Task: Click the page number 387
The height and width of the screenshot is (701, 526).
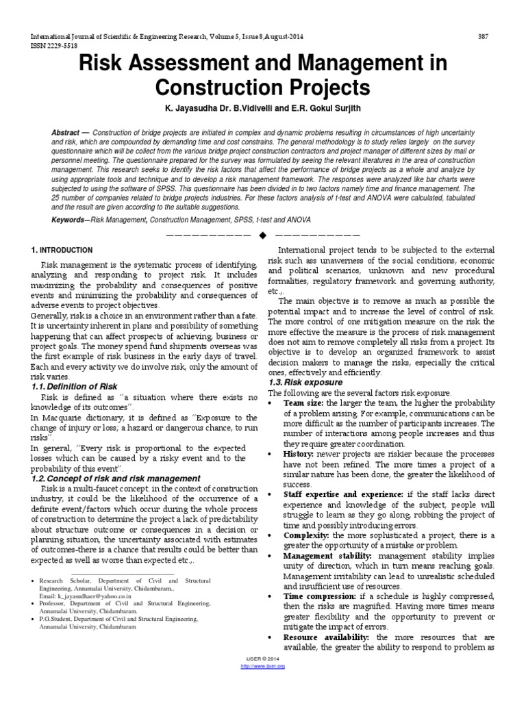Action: click(483, 36)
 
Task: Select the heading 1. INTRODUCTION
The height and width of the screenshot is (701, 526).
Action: click(62, 251)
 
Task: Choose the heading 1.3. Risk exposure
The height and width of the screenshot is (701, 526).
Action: click(305, 382)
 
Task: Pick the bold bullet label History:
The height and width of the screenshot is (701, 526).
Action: click(299, 454)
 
